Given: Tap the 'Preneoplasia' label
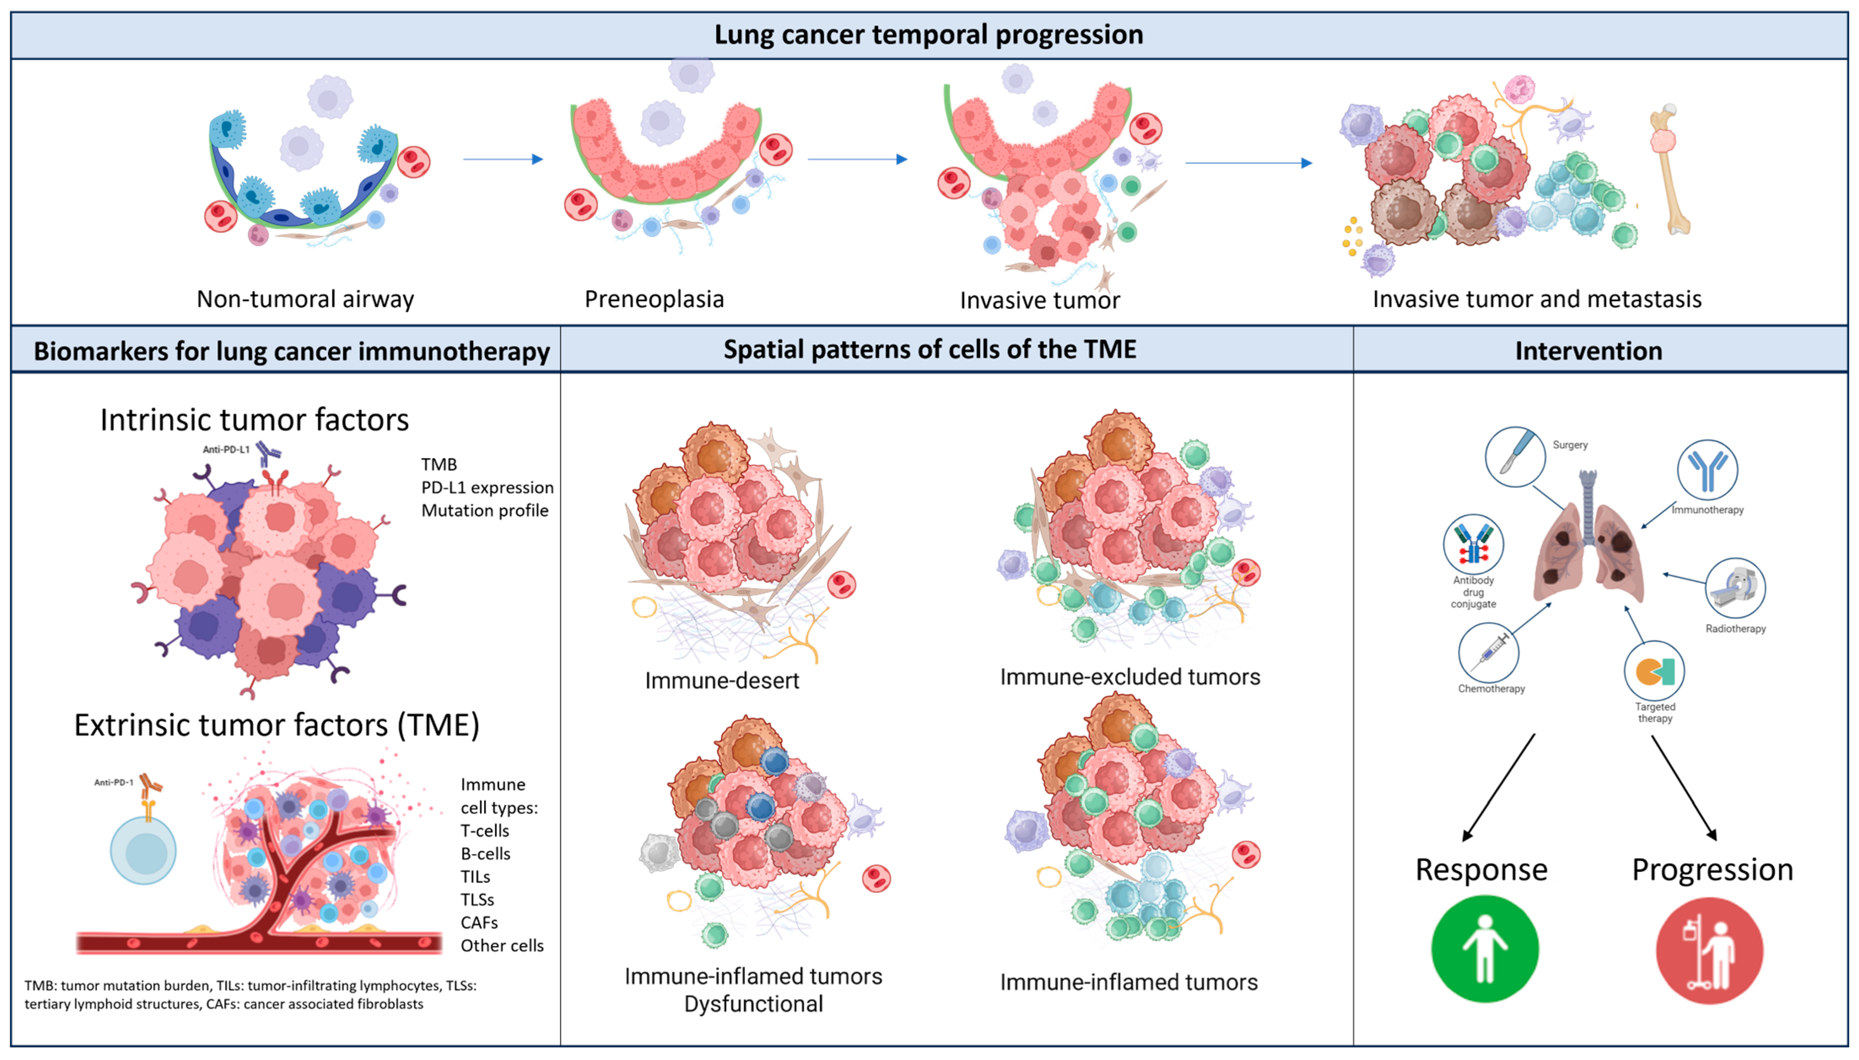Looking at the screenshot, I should coord(654,299).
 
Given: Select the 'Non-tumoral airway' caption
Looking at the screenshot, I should coord(305,299).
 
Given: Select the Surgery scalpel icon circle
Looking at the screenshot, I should coord(1515,456).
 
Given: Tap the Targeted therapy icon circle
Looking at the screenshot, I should coord(1654,671).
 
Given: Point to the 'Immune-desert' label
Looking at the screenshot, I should coord(721,681).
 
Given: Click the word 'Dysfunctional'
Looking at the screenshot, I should coord(753,1004).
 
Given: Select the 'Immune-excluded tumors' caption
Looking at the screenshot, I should coord(1130,677).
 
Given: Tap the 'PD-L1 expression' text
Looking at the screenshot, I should coord(487,488).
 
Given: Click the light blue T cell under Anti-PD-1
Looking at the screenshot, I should coord(143,850).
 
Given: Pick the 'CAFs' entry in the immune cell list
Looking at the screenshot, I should coord(479,922).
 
